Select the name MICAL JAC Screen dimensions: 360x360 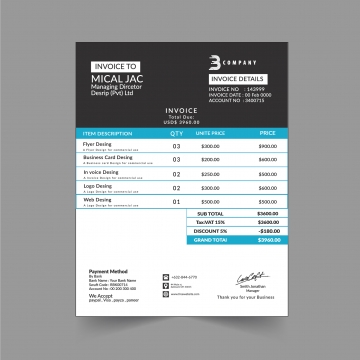[x=115, y=78]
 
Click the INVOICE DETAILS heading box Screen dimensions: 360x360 [x=237, y=77]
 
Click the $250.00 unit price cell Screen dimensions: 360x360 [x=210, y=173]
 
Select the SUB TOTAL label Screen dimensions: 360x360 [x=210, y=213]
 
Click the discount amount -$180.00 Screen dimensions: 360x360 [x=268, y=231]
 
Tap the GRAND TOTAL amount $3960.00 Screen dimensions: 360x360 [x=268, y=240]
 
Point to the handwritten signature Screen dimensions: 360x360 [x=250, y=275]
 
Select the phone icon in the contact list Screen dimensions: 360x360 [x=166, y=277]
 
